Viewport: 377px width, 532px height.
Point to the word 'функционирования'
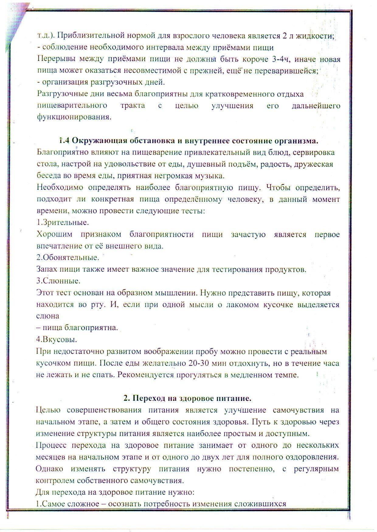click(73, 117)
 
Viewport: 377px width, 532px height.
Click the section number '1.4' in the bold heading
click(64, 141)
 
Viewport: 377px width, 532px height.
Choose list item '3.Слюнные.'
click(58, 281)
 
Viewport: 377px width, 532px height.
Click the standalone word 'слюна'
click(48, 316)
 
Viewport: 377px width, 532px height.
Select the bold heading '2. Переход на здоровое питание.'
click(188, 398)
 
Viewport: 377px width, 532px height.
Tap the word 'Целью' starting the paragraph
click(48, 410)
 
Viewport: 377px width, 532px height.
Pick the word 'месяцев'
click(51, 457)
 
